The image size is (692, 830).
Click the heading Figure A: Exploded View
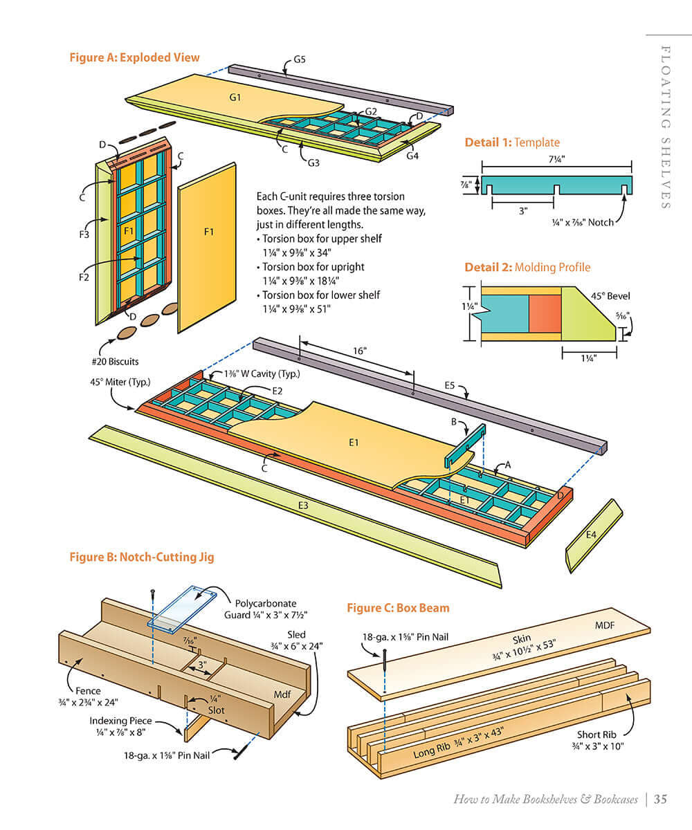[134, 57]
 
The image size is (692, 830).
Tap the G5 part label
[299, 59]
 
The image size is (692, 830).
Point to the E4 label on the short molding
[591, 535]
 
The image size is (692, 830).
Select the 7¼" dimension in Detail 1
[557, 158]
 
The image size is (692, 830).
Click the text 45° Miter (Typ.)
[120, 382]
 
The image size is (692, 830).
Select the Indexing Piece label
[120, 721]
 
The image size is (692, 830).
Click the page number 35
[660, 800]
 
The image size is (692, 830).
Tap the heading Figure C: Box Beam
[398, 608]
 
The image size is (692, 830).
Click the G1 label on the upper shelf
[235, 97]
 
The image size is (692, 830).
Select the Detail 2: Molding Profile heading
[527, 267]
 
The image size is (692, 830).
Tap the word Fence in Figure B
[87, 690]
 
